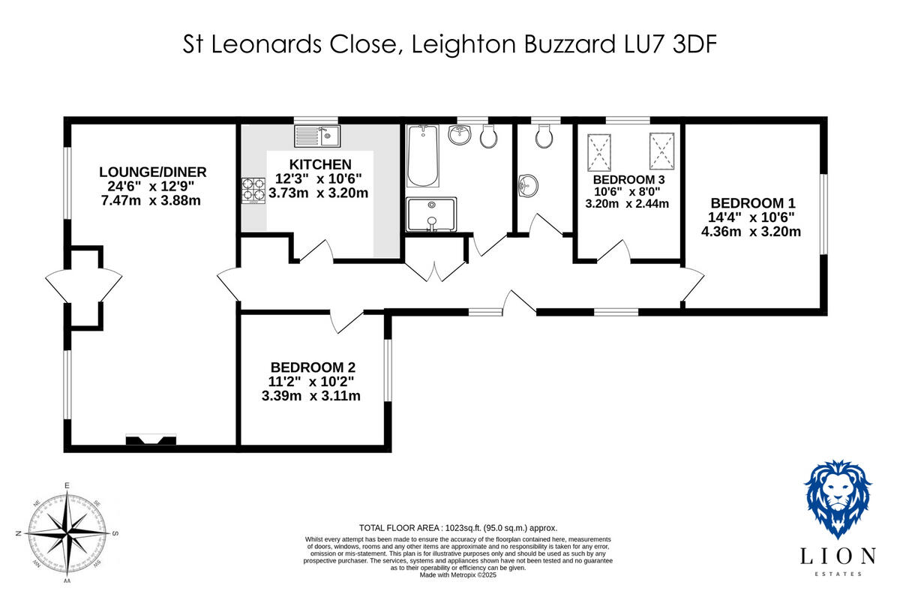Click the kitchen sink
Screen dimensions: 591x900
point(317,136)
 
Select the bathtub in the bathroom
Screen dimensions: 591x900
point(421,157)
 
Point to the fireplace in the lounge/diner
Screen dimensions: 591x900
point(151,439)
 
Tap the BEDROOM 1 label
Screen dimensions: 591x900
point(752,202)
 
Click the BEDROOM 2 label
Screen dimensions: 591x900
point(312,367)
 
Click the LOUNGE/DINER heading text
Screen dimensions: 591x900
point(152,172)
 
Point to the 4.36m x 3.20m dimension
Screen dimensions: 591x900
point(751,231)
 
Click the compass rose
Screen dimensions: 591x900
point(67,533)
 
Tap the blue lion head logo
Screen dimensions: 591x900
point(838,499)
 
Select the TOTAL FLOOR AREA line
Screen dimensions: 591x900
point(458,528)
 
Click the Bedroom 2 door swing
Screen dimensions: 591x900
point(346,322)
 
